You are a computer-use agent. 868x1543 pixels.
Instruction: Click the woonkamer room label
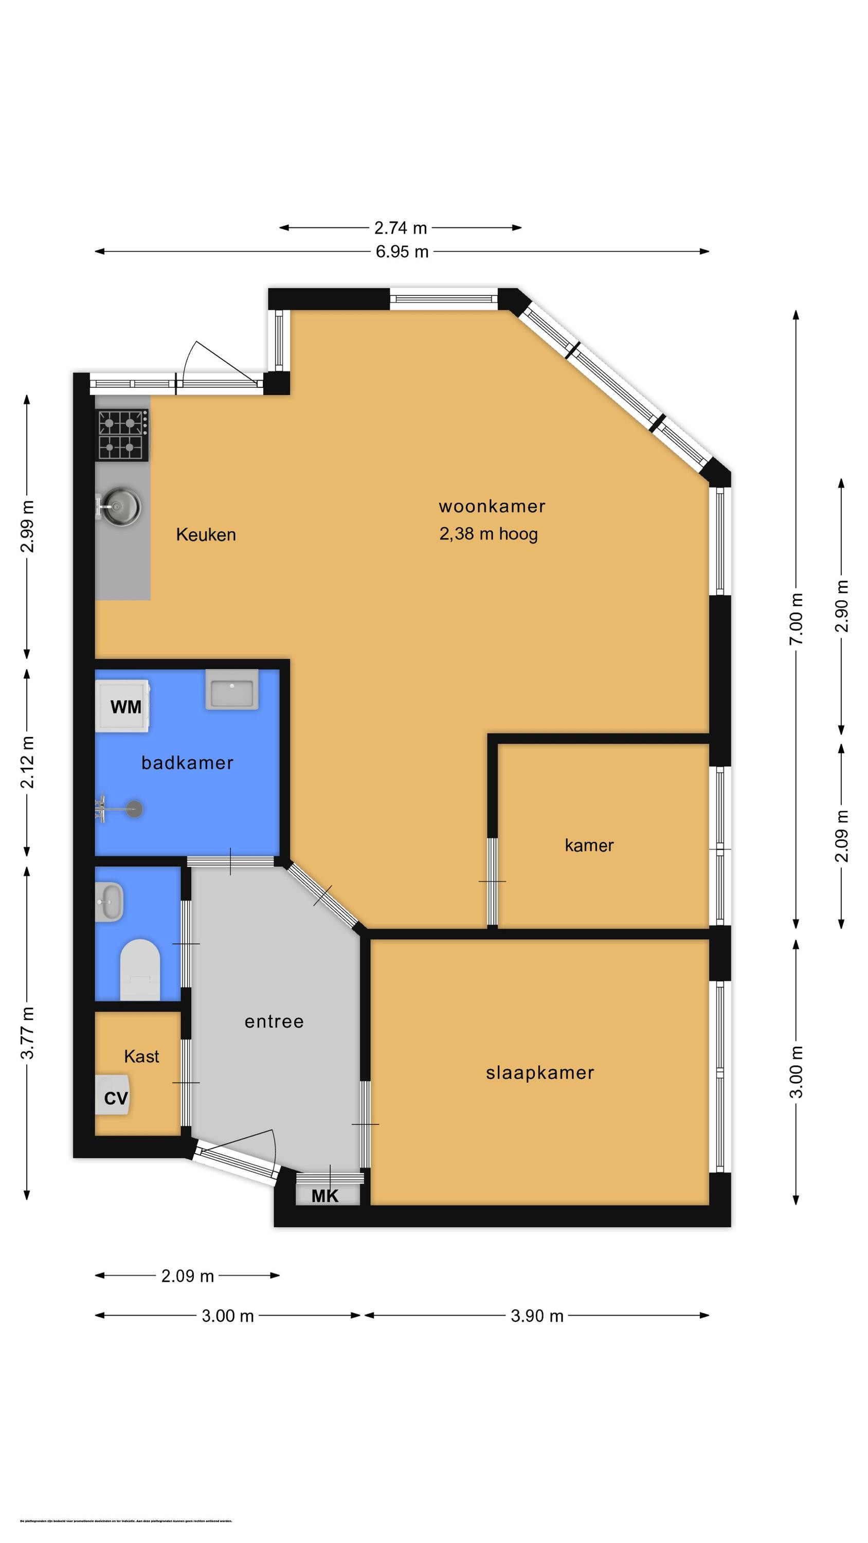pyautogui.click(x=491, y=506)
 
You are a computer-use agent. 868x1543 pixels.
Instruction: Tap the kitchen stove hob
pyautogui.click(x=123, y=435)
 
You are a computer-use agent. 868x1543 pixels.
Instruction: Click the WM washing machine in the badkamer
pyautogui.click(x=123, y=706)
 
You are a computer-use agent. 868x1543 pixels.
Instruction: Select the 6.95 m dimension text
pyautogui.click(x=402, y=252)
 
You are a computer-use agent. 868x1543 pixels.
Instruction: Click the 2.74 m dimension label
pyautogui.click(x=400, y=228)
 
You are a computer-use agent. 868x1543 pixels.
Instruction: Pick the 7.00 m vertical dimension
pyautogui.click(x=795, y=619)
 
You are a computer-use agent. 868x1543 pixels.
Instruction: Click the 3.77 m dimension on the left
pyautogui.click(x=27, y=1032)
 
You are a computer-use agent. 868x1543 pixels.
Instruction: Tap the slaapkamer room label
pyautogui.click(x=540, y=1072)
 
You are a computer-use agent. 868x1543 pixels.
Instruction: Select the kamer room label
pyautogui.click(x=589, y=845)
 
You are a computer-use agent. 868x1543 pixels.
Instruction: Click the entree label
pyautogui.click(x=274, y=1021)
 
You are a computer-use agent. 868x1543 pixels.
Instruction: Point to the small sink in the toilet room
pyautogui.click(x=110, y=902)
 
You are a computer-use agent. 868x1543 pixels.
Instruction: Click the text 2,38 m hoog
pyautogui.click(x=488, y=534)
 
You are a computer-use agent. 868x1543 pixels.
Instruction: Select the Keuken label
pyautogui.click(x=206, y=534)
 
